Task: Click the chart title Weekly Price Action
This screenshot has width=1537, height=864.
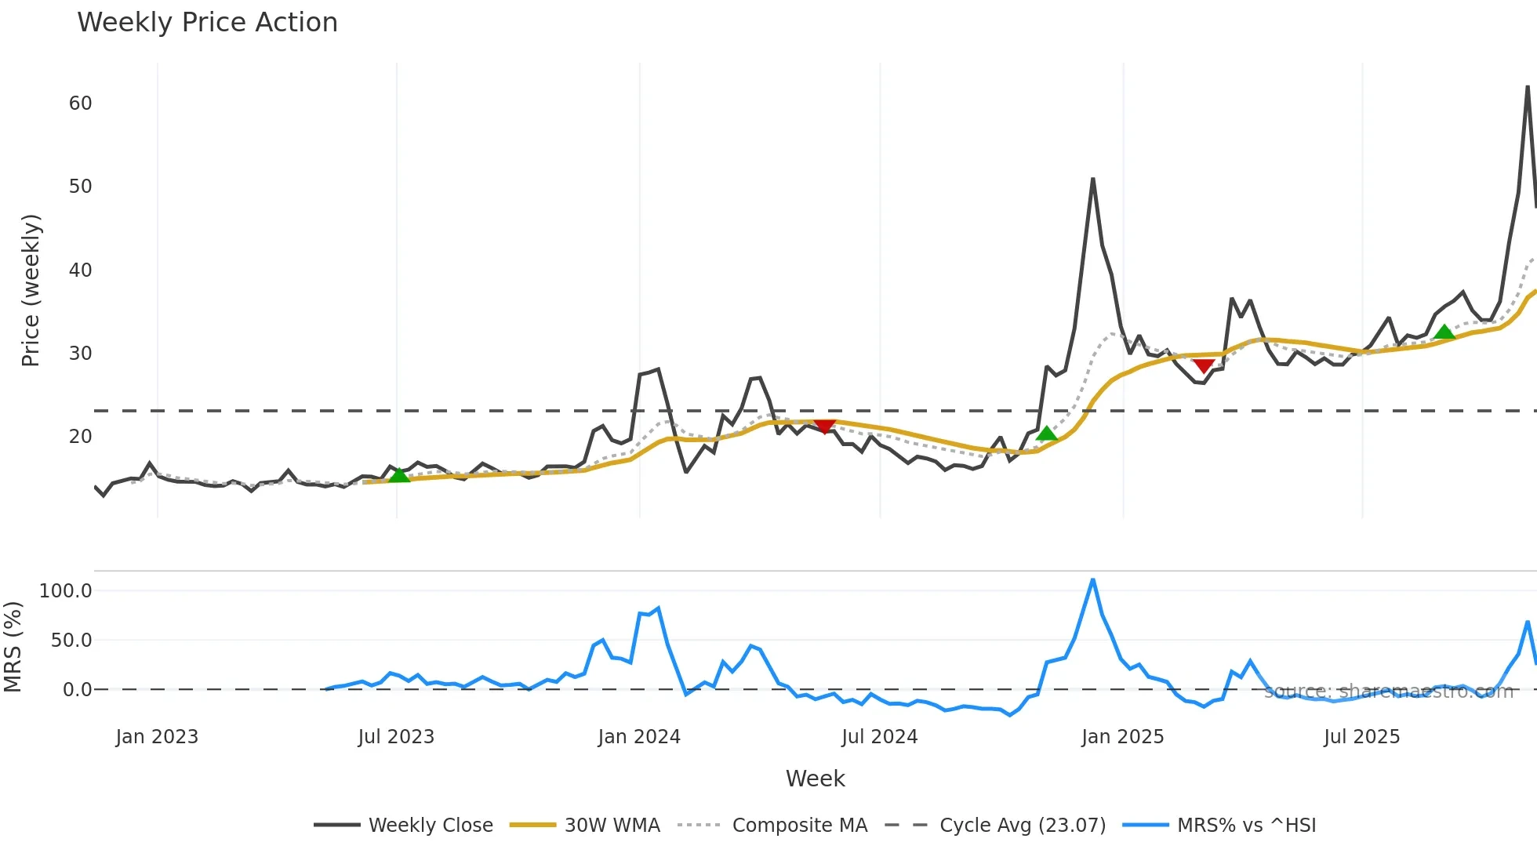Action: (207, 23)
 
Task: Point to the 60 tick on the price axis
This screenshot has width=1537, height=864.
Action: (80, 103)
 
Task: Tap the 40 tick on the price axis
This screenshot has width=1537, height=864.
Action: (80, 270)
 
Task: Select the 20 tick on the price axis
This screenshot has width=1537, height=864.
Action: (80, 437)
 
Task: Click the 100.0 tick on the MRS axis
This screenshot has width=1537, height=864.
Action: (66, 591)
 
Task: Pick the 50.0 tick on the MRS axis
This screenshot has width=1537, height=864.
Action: (71, 641)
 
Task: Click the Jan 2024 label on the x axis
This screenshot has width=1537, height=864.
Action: (639, 737)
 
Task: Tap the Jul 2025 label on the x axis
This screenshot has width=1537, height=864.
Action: (1361, 737)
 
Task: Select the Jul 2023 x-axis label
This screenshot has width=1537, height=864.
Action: (396, 737)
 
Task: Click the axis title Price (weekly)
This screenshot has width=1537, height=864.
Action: (30, 290)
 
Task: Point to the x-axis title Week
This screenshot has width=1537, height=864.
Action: (815, 779)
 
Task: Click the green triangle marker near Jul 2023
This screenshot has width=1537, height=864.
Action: (399, 475)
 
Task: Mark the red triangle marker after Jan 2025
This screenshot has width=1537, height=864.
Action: (1204, 366)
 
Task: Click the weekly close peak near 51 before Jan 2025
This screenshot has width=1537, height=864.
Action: (1093, 180)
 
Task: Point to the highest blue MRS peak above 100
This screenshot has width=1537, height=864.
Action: (1093, 580)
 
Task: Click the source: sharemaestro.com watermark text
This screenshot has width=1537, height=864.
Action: (1388, 692)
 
